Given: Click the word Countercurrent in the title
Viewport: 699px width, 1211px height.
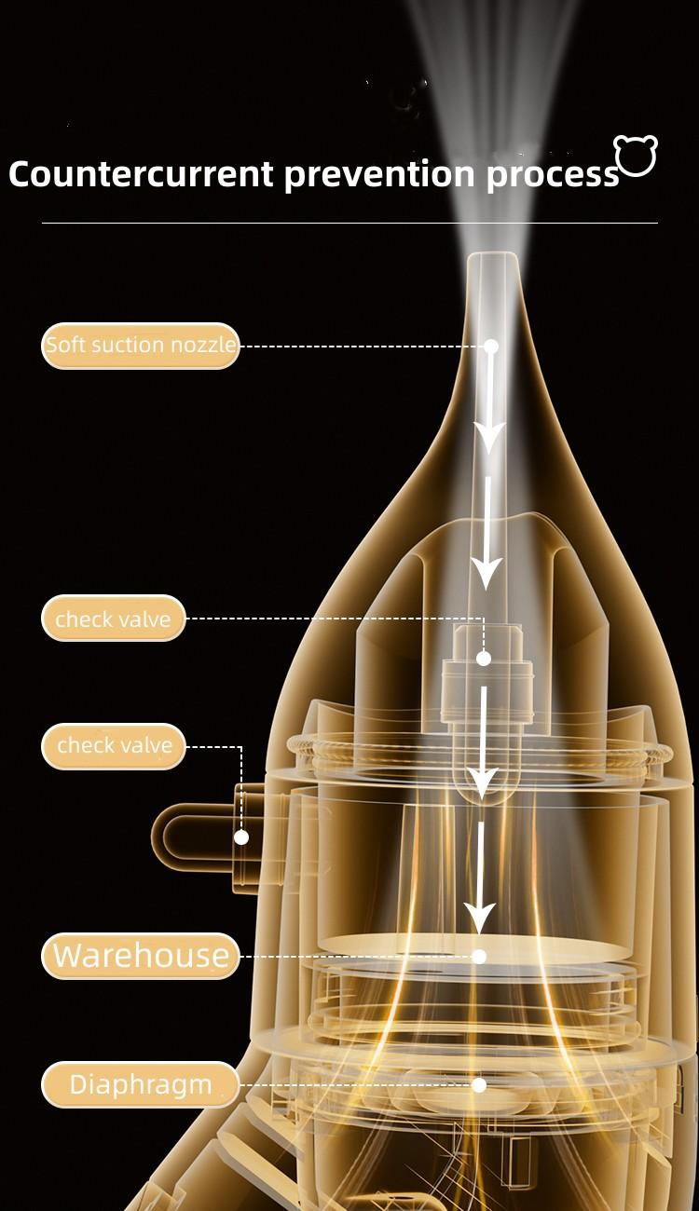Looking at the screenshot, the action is click(x=141, y=174).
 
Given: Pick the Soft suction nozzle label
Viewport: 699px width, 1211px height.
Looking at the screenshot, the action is click(x=141, y=345).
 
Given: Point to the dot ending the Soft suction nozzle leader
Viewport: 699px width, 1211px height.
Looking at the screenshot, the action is click(x=491, y=346).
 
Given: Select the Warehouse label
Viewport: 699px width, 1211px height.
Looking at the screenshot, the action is click(x=141, y=956).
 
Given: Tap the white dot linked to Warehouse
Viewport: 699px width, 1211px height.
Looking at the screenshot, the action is click(x=479, y=956).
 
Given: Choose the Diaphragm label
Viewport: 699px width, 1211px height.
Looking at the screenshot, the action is click(x=141, y=1084).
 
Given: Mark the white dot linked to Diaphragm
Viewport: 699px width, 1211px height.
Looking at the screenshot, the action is click(x=479, y=1084).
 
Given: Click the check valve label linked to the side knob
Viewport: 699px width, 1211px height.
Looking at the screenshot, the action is click(x=114, y=746).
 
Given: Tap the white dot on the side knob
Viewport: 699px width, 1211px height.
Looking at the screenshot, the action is click(x=241, y=837).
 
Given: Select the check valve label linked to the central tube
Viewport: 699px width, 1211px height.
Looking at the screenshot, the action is click(x=114, y=619).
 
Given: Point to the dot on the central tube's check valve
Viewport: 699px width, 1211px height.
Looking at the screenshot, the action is click(x=483, y=658).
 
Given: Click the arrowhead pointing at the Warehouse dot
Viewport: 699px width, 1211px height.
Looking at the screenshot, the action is click(x=480, y=918).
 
